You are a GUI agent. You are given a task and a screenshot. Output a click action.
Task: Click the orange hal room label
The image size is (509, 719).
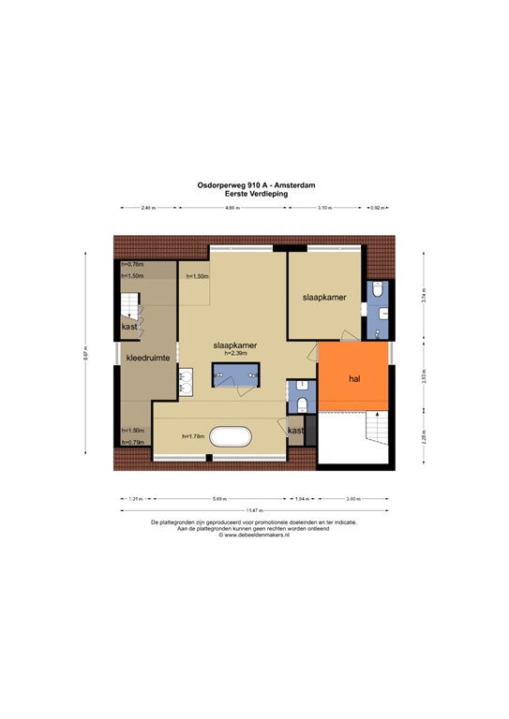tap(354, 380)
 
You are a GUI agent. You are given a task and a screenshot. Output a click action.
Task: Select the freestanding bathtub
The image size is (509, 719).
tap(229, 436)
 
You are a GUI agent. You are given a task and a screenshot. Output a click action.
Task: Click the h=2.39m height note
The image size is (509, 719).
tap(235, 353)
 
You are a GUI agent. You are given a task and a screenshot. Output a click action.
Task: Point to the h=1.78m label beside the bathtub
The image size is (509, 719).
tap(193, 436)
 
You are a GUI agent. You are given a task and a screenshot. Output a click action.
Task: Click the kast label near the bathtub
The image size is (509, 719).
tap(295, 431)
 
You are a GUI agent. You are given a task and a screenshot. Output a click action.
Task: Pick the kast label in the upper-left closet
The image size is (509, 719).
tap(127, 327)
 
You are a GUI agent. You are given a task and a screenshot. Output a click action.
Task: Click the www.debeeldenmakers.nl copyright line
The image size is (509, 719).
tap(254, 536)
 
